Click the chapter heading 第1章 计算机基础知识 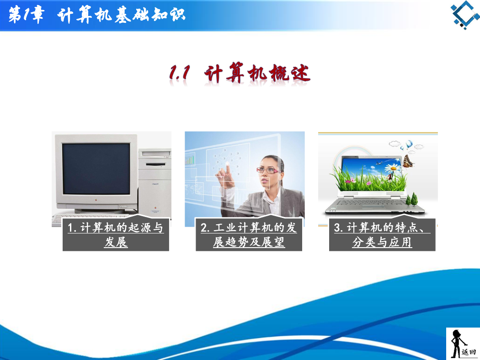pyautogui.click(x=97, y=15)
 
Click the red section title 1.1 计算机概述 pyautogui.click(x=240, y=73)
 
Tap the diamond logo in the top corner pyautogui.click(x=465, y=15)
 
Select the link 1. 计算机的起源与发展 pyautogui.click(x=116, y=235)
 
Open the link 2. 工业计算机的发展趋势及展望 pyautogui.click(x=249, y=235)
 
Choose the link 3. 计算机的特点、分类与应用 pyautogui.click(x=382, y=235)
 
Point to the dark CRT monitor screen pyautogui.click(x=96, y=169)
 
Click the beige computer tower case pyautogui.click(x=155, y=183)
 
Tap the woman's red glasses pyautogui.click(x=267, y=170)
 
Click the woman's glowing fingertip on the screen pyautogui.click(x=228, y=164)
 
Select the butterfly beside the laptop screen pyautogui.click(x=408, y=161)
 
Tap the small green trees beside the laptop pyautogui.click(x=412, y=199)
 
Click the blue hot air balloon pyautogui.click(x=409, y=143)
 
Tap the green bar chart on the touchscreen pyautogui.click(x=190, y=159)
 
